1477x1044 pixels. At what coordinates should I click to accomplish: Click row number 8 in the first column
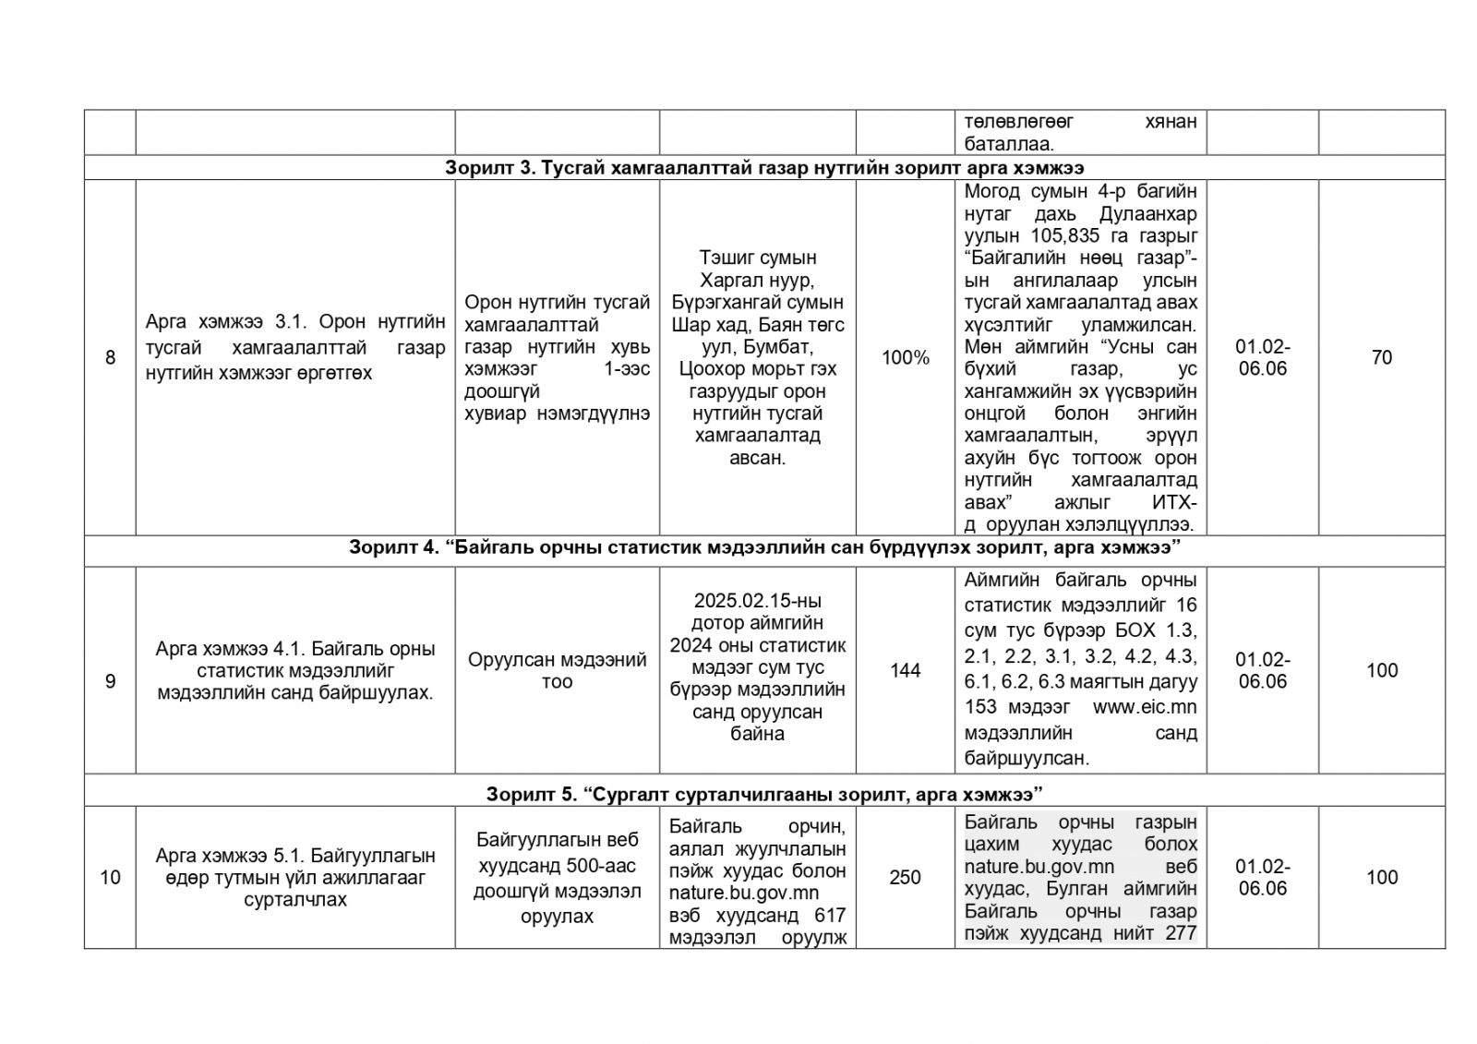pos(110,357)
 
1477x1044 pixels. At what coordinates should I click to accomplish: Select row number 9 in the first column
pos(110,681)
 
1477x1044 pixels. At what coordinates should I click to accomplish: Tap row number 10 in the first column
pos(110,877)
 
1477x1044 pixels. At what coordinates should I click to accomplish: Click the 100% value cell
pos(905,357)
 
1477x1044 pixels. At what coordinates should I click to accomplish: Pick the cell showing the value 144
pos(905,670)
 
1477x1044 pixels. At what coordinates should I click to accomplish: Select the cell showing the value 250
pos(905,877)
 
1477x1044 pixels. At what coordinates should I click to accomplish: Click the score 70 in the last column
pos(1381,357)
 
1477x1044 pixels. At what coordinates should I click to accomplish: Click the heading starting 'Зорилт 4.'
pos(764,547)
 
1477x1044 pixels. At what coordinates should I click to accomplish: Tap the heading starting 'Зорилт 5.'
pos(764,794)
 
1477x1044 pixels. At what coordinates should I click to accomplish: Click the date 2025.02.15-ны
pos(757,600)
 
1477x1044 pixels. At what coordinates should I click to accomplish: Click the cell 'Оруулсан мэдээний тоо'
pos(557,671)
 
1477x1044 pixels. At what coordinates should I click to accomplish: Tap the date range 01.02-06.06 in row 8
pos(1262,357)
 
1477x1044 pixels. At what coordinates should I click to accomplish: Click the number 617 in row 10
pos(828,915)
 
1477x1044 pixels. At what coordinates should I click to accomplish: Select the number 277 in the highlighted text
pos(1180,933)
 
